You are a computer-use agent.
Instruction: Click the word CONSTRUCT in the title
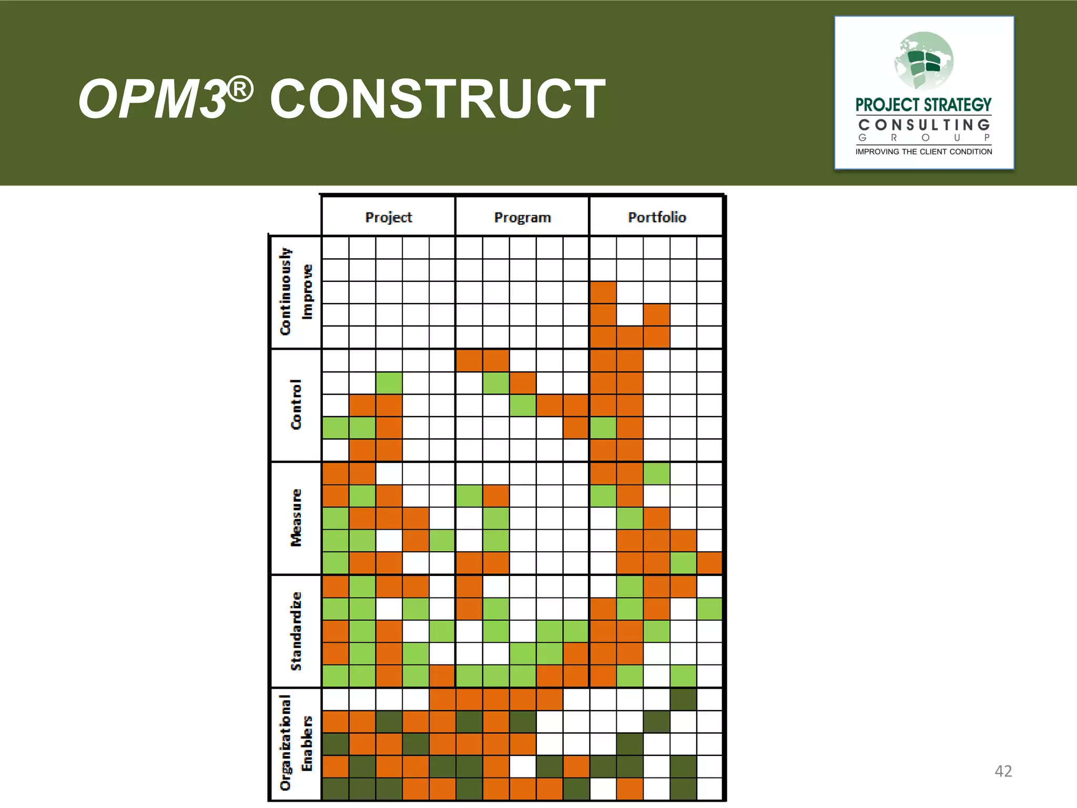(438, 99)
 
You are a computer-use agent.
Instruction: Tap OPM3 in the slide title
(153, 99)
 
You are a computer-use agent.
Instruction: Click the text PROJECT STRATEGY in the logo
(923, 105)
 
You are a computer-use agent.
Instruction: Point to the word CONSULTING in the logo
(924, 125)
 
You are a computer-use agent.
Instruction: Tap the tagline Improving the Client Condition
(923, 151)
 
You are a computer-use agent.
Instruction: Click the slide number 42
(1003, 771)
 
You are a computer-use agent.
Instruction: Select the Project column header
(388, 217)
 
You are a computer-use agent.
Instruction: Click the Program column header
(522, 217)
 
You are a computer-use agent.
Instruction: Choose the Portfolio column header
(656, 217)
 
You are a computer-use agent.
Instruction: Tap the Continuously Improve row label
(296, 292)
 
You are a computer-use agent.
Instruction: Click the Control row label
(296, 405)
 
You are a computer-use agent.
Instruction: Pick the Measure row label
(296, 518)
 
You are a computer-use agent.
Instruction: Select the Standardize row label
(296, 631)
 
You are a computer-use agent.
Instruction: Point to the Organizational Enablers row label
(296, 743)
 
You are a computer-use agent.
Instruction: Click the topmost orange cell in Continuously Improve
(603, 292)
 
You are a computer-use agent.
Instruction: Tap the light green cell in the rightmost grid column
(709, 609)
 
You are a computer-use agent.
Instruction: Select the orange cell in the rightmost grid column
(709, 563)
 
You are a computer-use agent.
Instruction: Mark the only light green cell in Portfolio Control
(603, 428)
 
